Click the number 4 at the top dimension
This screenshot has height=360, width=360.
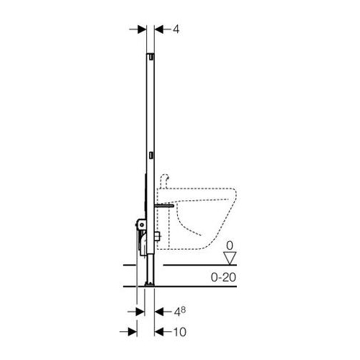click(176, 30)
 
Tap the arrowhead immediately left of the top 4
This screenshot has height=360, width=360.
click(159, 30)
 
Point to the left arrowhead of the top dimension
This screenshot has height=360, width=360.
click(142, 30)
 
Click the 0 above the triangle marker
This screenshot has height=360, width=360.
click(230, 246)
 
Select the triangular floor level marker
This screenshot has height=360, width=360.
click(230, 258)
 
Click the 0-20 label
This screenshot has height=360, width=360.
click(223, 277)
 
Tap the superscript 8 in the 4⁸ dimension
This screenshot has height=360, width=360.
click(183, 310)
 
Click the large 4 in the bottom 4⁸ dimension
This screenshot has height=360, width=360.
click(177, 312)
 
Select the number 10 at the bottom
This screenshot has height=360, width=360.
click(179, 332)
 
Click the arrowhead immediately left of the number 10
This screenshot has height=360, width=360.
click(159, 332)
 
